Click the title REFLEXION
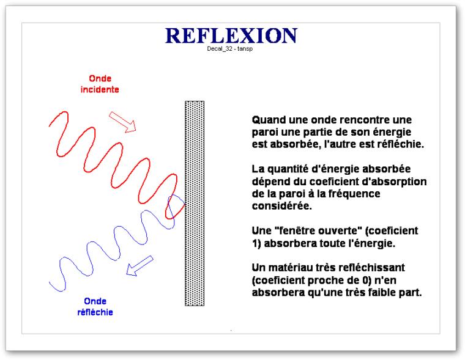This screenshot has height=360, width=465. click(x=231, y=35)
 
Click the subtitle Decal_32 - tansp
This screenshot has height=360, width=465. click(x=230, y=49)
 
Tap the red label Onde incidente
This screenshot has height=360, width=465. click(x=100, y=84)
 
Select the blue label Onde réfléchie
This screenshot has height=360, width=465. click(x=95, y=307)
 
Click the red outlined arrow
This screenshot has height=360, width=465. click(x=122, y=122)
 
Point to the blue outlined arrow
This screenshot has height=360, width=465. click(x=139, y=266)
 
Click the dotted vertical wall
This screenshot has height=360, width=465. click(x=195, y=204)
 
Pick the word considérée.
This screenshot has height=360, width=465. click(x=281, y=206)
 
